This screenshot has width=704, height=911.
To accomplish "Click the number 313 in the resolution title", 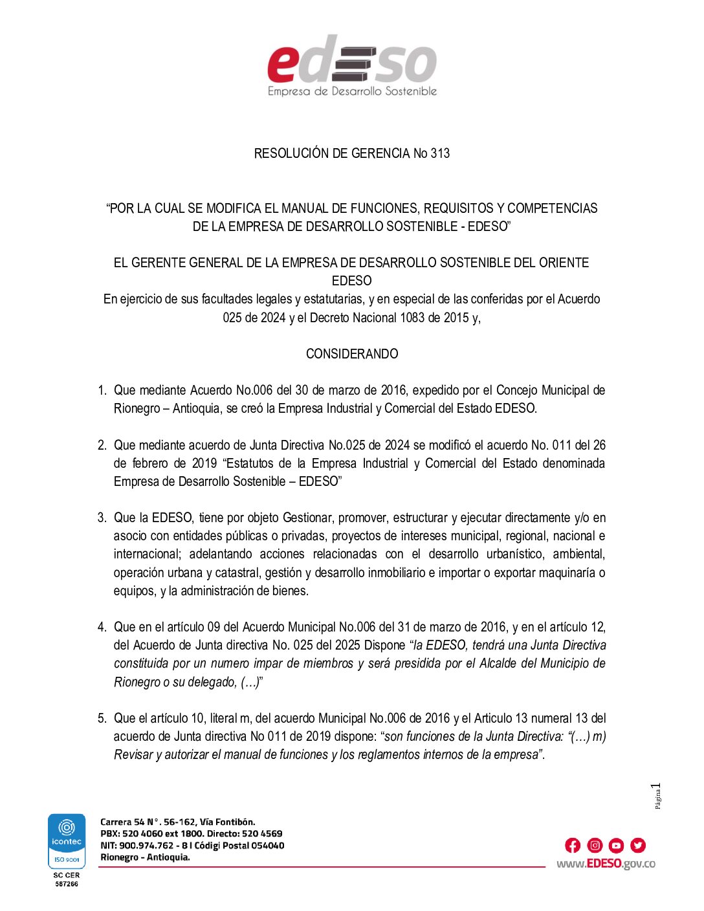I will [440, 153].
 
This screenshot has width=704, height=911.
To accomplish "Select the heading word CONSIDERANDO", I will [352, 354].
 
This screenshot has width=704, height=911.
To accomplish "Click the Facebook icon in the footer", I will [573, 845].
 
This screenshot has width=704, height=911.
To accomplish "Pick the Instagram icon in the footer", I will [595, 845].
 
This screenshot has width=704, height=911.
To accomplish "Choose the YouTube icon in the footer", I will [616, 845].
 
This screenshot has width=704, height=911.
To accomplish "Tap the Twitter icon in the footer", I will [638, 845].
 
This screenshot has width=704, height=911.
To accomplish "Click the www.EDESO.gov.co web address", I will [606, 864].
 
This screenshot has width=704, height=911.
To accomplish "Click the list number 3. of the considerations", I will [102, 518].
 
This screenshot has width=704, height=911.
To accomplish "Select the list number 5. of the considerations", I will [102, 718].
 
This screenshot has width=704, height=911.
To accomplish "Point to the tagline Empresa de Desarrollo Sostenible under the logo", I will [352, 91].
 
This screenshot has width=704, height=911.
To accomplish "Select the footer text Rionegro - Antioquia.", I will [145, 857].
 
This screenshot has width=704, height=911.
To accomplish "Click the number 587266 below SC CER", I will [67, 884].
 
